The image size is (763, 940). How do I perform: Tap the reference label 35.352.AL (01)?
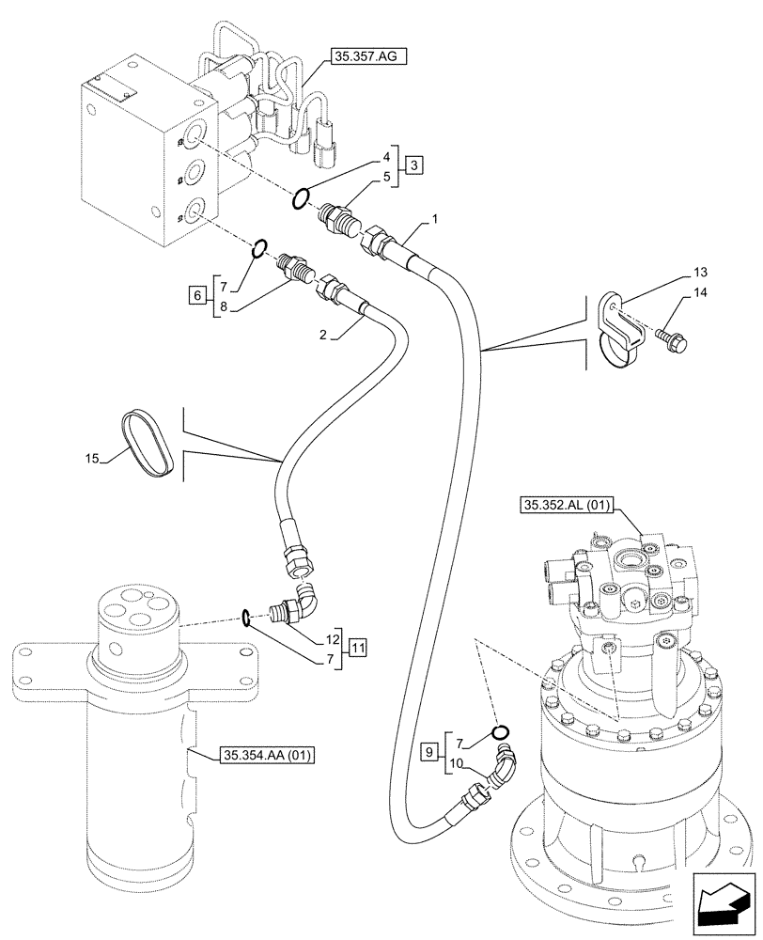pos(565,507)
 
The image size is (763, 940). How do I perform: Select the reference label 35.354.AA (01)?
pos(269,754)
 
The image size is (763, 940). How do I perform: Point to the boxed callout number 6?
pos(195,295)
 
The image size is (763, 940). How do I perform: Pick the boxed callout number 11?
pos(358,648)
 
